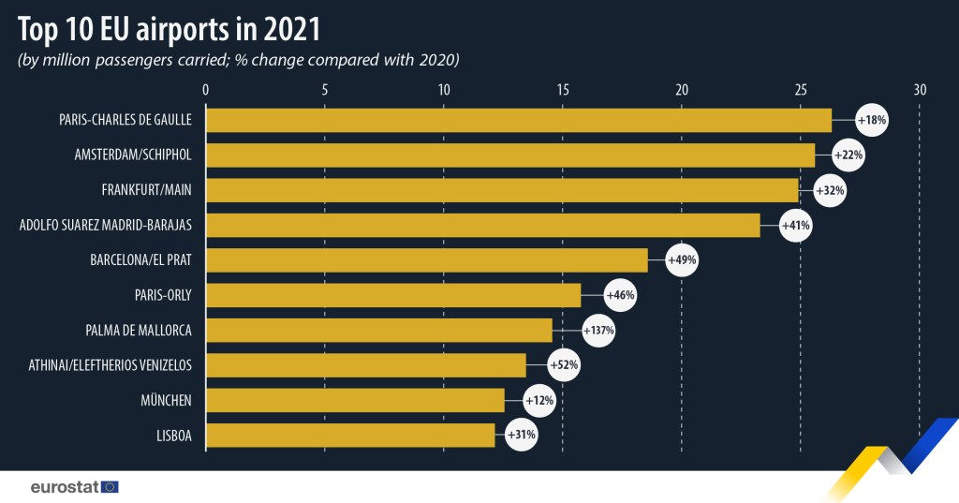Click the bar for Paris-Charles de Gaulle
[x=518, y=120]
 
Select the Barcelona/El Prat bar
[x=426, y=259]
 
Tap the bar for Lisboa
[x=349, y=435]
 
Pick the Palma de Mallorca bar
[x=378, y=330]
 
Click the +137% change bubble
[x=598, y=330]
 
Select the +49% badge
[x=681, y=259]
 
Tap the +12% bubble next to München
[x=540, y=400]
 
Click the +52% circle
[x=564, y=365]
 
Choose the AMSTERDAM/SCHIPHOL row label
[x=133, y=155]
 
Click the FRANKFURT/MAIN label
[x=146, y=189]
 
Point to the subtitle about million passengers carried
[x=238, y=61]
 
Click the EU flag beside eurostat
[x=110, y=486]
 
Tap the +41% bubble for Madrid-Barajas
[x=795, y=225]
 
